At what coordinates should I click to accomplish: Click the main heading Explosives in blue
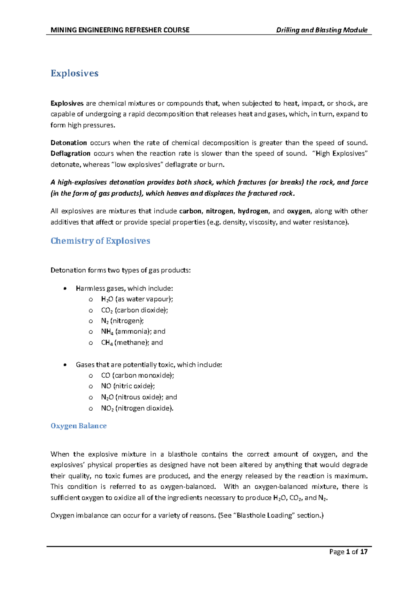coord(75,73)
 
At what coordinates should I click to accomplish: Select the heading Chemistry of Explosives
coord(100,241)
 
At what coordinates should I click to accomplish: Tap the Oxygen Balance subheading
coord(79,426)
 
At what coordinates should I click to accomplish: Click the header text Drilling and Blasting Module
coord(322,30)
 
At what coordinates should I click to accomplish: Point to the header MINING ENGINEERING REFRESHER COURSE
coord(120,30)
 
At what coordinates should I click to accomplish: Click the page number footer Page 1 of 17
coord(348,552)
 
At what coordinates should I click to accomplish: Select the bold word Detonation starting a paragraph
coord(69,143)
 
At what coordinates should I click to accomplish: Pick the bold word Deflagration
coord(70,153)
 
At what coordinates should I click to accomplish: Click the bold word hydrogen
coord(253,211)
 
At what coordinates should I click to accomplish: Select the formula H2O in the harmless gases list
coord(107,299)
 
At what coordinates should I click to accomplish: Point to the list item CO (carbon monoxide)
coord(137,375)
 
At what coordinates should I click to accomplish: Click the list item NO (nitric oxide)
coord(128,386)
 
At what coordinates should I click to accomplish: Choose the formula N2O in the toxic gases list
coord(107,397)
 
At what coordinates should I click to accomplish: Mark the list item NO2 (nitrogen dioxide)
coord(137,408)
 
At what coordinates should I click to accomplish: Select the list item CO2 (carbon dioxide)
coord(134,310)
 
